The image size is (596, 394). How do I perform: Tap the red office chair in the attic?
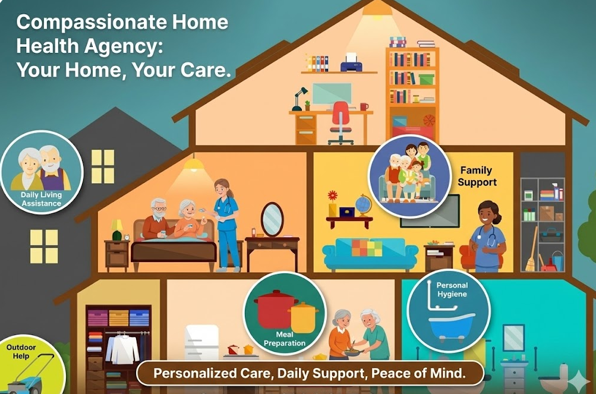(x=340, y=119)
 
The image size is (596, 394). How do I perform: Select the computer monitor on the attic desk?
(x=332, y=94)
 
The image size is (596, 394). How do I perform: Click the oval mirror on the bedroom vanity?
(x=272, y=218)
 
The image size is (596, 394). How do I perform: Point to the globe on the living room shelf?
(x=363, y=206)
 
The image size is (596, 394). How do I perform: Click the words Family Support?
(x=477, y=176)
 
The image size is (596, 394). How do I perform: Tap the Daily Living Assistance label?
(x=41, y=199)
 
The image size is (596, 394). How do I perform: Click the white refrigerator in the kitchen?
(x=201, y=342)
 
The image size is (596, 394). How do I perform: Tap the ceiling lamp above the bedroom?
(x=193, y=164)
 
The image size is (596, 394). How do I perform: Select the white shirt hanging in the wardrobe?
(x=122, y=349)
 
